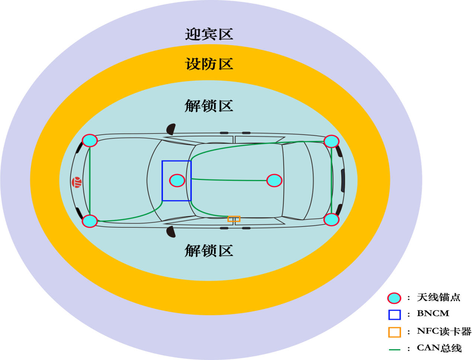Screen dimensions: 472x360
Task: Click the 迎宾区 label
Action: (209, 34)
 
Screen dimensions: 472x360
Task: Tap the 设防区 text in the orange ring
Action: (209, 64)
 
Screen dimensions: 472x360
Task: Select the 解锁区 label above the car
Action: (209, 106)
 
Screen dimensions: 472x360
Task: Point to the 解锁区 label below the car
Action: (209, 251)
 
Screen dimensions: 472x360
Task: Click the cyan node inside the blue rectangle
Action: (177, 180)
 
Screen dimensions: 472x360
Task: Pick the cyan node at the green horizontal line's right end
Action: (274, 180)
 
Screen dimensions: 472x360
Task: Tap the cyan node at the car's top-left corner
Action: (90, 141)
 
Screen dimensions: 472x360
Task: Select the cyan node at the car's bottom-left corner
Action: (90, 221)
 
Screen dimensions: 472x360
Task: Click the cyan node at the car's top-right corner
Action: (331, 141)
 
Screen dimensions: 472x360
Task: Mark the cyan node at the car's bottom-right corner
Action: (331, 219)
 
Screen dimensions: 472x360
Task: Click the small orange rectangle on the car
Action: (234, 219)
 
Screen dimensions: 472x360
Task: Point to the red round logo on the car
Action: (77, 182)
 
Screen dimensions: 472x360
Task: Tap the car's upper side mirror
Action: (171, 129)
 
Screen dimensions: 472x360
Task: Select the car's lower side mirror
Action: (171, 231)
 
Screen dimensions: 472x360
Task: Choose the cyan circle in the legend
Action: (394, 298)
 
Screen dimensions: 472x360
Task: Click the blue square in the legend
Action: (395, 315)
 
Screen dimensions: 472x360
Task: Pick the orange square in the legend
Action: (395, 332)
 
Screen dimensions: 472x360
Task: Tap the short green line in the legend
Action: (395, 350)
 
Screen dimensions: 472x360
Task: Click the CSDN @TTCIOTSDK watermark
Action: (441, 354)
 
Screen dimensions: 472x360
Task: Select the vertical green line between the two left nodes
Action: (90, 181)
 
